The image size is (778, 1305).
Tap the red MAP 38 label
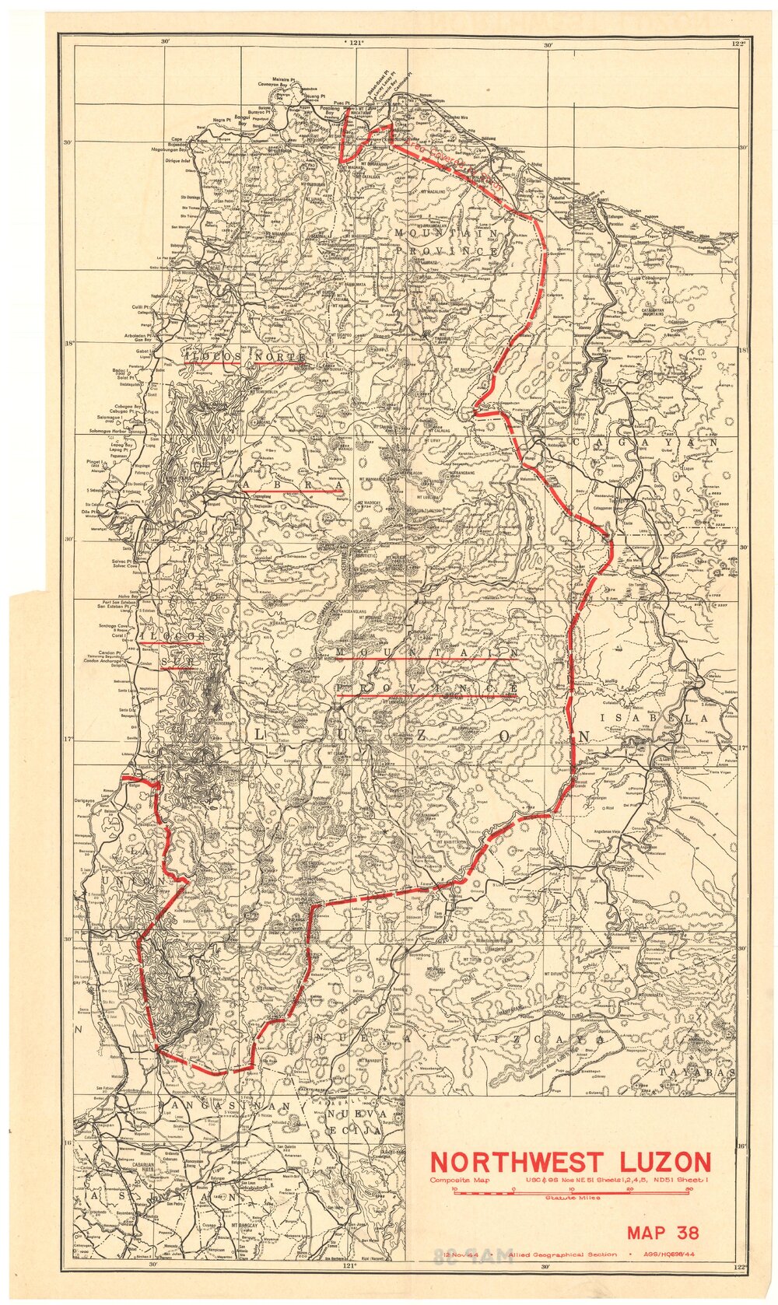click(663, 1232)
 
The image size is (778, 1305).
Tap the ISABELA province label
click(652, 719)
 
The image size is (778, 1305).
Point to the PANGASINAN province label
click(223, 1105)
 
